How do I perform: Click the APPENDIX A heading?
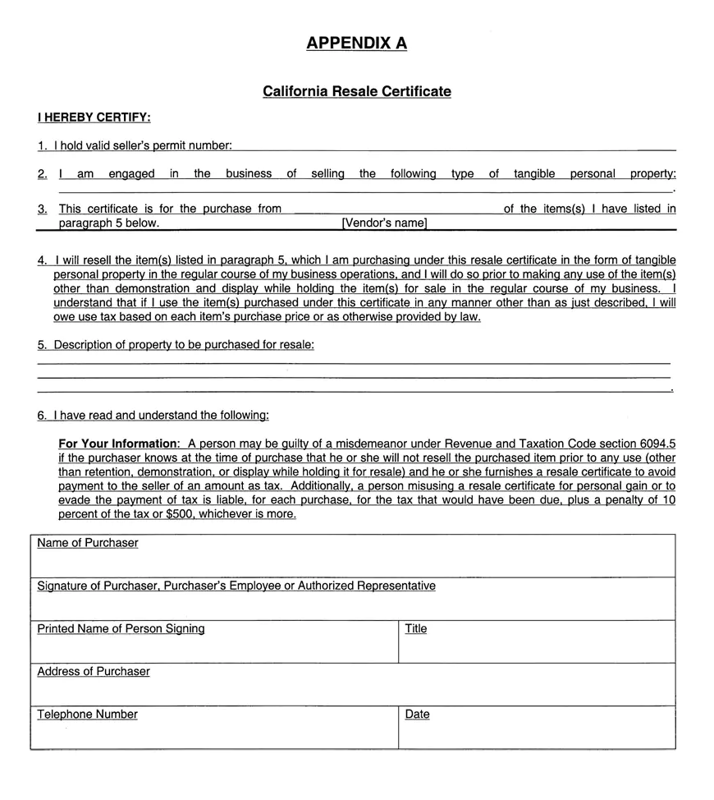click(356, 44)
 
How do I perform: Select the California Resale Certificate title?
click(356, 91)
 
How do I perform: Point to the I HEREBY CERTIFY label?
click(94, 117)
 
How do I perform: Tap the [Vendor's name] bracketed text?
click(384, 223)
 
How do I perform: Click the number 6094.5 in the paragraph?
click(656, 444)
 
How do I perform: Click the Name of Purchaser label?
click(88, 543)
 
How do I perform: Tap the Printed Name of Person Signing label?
click(121, 628)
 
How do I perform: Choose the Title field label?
click(416, 628)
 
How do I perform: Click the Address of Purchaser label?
click(94, 671)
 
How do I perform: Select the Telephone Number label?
click(87, 714)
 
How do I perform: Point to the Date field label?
click(417, 714)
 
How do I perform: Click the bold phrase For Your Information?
click(118, 444)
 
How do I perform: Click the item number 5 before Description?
click(41, 345)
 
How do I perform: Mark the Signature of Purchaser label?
click(236, 586)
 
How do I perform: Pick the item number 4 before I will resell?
click(41, 260)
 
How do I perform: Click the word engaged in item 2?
click(131, 173)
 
